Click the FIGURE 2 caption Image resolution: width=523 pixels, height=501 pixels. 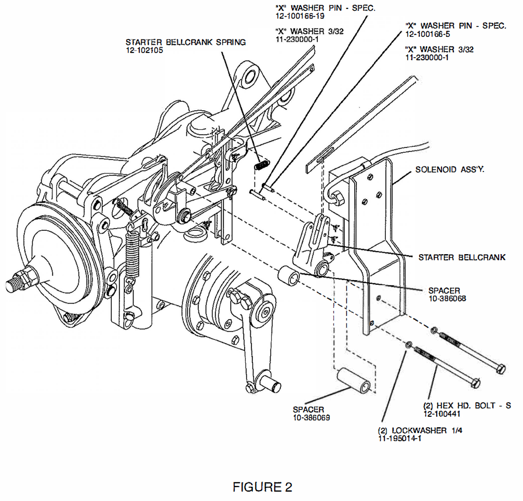(262, 487)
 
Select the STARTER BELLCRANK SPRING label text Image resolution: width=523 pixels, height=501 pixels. (185, 42)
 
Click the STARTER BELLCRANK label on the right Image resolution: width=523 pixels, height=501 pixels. (462, 257)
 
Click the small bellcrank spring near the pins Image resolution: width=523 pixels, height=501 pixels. (262, 165)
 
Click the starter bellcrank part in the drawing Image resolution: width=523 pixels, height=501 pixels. (314, 244)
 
